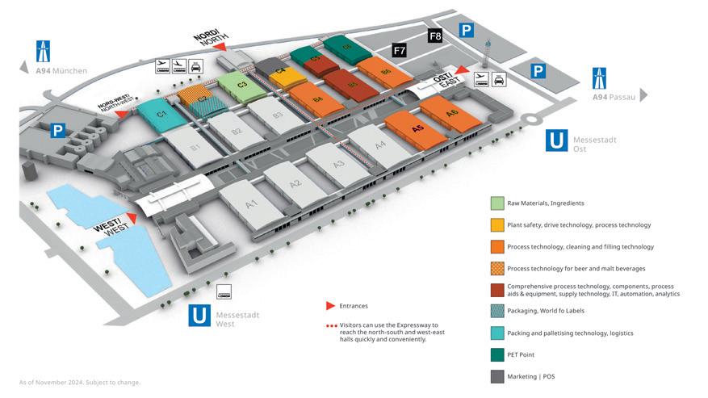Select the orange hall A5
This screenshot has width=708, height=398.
417,128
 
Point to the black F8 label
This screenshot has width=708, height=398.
435,36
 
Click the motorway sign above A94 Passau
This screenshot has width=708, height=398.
601,78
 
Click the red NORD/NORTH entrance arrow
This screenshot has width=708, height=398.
218,48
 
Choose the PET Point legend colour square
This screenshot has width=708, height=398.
496,354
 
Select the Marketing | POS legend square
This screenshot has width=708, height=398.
496,376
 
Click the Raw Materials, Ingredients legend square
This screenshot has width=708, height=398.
496,203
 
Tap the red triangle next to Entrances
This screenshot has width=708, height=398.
329,306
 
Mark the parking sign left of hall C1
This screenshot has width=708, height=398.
57,130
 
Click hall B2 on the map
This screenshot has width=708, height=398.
236,132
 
